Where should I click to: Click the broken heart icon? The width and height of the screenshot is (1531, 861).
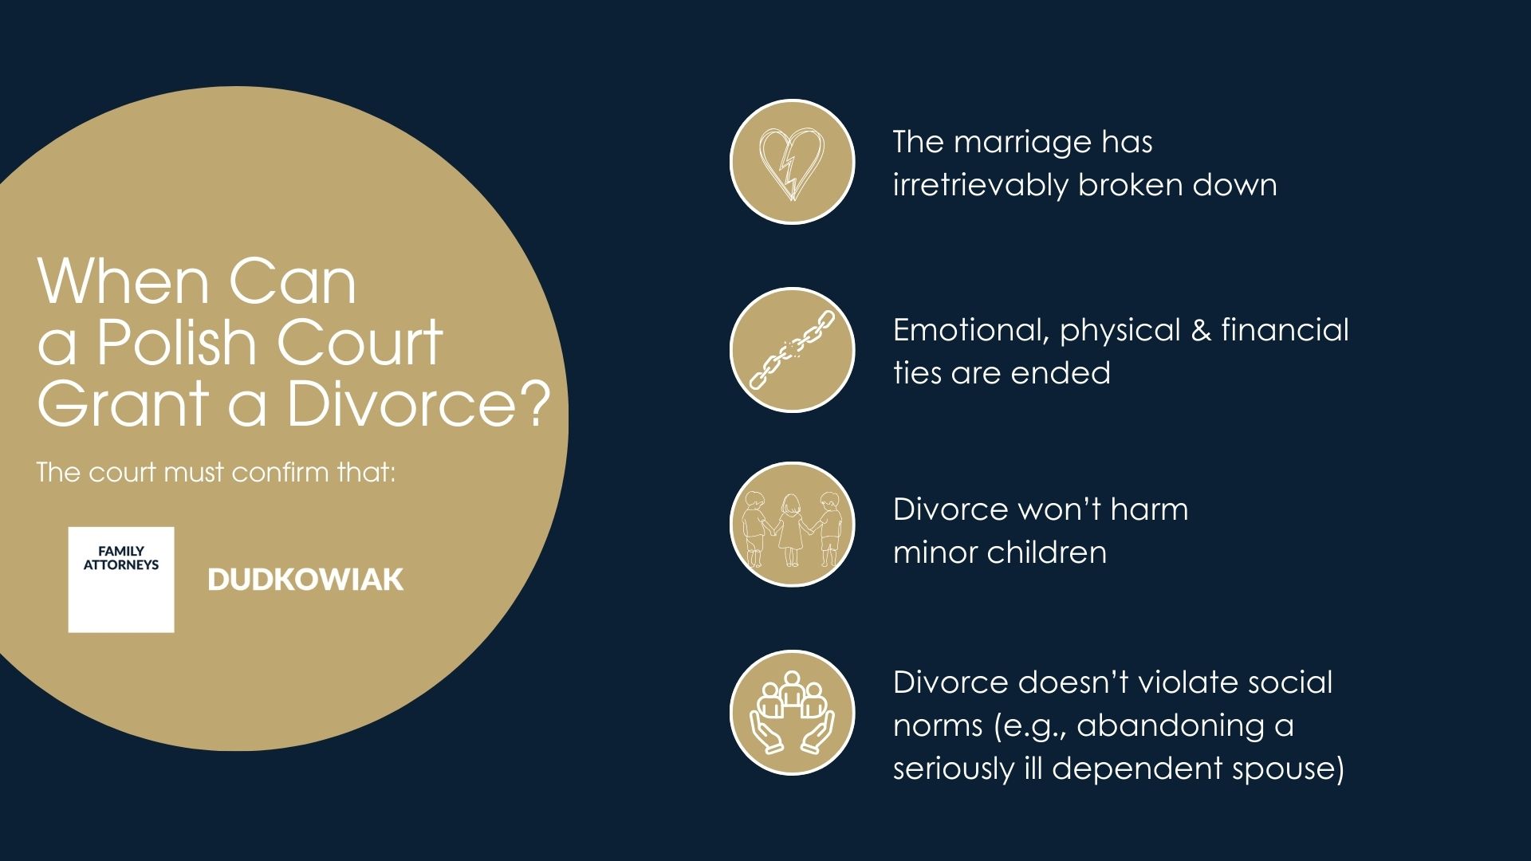pyautogui.click(x=792, y=162)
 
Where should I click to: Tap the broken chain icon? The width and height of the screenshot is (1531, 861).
pyautogui.click(x=792, y=350)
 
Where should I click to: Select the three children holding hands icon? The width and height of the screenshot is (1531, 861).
pyautogui.click(x=792, y=525)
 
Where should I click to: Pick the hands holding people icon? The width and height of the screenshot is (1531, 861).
pyautogui.click(x=792, y=713)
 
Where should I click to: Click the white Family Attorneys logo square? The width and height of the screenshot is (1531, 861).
pyautogui.click(x=121, y=580)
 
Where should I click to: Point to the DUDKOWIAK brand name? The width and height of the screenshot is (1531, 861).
pyautogui.click(x=305, y=580)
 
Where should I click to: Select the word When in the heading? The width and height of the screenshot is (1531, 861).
pyautogui.click(x=123, y=282)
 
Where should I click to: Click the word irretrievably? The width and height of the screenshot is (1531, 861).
pyautogui.click(x=980, y=185)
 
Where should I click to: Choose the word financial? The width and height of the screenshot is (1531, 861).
pyautogui.click(x=1285, y=330)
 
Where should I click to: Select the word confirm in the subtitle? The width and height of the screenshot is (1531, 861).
pyautogui.click(x=280, y=472)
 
